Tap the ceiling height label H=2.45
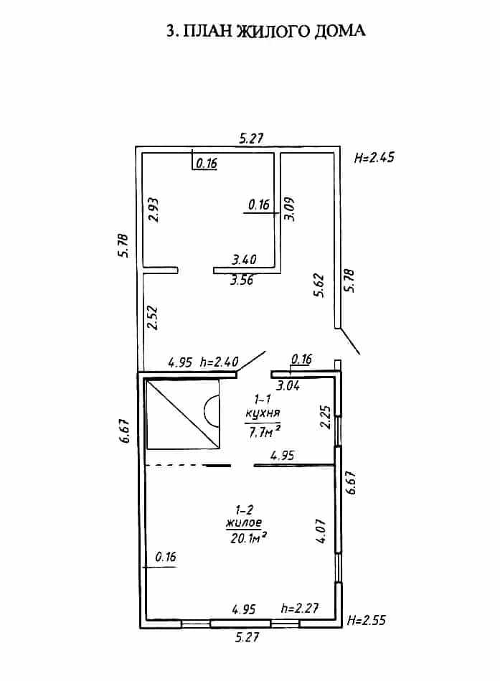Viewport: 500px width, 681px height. (x=374, y=157)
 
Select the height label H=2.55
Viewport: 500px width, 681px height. (x=367, y=620)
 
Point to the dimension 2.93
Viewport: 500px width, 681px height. (x=154, y=210)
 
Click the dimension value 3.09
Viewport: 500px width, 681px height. (x=289, y=210)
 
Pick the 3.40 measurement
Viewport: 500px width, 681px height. (x=244, y=260)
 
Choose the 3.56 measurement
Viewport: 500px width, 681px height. (x=241, y=280)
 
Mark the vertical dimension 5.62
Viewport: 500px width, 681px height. (x=319, y=285)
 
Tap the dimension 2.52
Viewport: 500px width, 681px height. (x=152, y=319)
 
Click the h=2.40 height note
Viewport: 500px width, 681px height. (x=220, y=362)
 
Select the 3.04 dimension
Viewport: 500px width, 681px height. (x=288, y=385)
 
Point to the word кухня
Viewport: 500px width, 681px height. (x=263, y=413)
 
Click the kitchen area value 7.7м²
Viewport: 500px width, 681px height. (x=264, y=432)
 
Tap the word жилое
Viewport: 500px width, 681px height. (x=244, y=522)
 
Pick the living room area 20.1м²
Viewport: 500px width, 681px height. (x=247, y=538)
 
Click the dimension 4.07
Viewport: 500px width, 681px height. (x=321, y=531)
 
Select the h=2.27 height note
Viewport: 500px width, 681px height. (x=300, y=608)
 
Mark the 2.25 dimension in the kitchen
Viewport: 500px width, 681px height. (x=326, y=417)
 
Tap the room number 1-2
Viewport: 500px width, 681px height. (x=245, y=509)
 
